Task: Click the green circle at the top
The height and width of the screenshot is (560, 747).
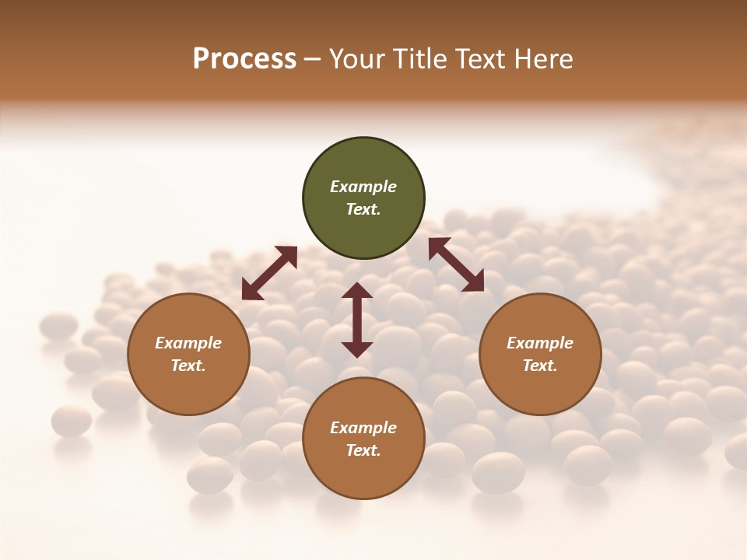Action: click(363, 198)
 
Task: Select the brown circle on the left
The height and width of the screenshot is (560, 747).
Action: click(188, 354)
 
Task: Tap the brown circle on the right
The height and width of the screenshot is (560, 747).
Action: click(540, 354)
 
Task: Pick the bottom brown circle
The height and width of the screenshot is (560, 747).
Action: click(363, 439)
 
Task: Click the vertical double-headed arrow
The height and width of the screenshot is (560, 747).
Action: click(357, 320)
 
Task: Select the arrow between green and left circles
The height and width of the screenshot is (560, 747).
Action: click(269, 273)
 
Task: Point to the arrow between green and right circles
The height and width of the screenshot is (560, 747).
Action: click(456, 264)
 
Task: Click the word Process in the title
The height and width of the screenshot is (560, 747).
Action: click(244, 59)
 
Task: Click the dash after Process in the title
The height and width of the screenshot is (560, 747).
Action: click(312, 60)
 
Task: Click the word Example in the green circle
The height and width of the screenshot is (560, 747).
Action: click(363, 187)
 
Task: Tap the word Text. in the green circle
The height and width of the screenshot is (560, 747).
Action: click(363, 209)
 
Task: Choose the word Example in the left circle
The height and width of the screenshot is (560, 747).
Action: click(188, 343)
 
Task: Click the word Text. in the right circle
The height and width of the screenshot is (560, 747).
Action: click(540, 366)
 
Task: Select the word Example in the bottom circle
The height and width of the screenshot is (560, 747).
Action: click(363, 428)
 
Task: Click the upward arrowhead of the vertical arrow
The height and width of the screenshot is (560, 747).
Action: click(357, 290)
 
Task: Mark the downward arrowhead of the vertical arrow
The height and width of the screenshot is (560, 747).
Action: click(357, 349)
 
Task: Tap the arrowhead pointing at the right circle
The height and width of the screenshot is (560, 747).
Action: click(474, 282)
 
